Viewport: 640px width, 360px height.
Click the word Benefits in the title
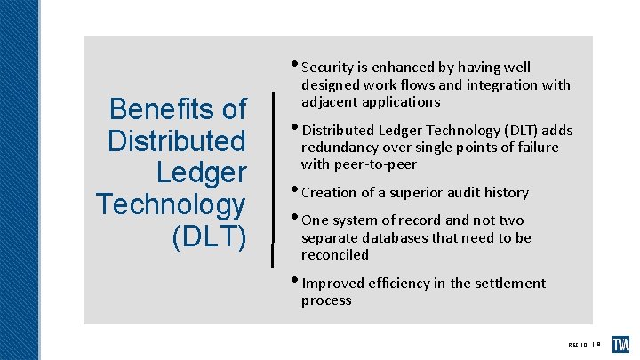178,109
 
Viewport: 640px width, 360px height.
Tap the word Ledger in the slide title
201,172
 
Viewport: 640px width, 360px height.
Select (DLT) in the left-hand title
211,236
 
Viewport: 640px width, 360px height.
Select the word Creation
331,193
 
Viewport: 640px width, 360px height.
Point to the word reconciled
334,255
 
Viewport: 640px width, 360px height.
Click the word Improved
334,284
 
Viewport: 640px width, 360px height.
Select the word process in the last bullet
326,300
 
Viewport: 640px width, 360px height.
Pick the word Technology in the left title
171,204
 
